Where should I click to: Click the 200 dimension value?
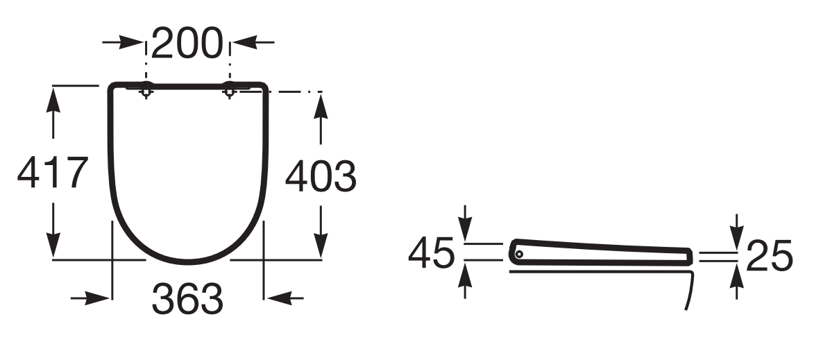(x=187, y=43)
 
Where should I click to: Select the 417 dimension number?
(x=53, y=172)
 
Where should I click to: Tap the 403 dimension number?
(x=321, y=176)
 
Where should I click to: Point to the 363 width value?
(x=187, y=298)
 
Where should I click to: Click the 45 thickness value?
(x=432, y=253)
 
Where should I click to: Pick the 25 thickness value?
(x=770, y=256)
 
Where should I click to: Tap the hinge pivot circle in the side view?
(x=518, y=254)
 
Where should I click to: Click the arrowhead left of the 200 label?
(x=131, y=42)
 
